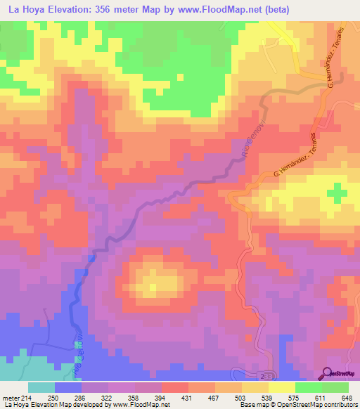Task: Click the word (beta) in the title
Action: pos(271,9)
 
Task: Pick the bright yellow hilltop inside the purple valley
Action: pos(153,284)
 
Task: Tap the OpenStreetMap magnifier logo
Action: pos(326,374)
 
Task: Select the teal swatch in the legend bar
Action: pos(41,387)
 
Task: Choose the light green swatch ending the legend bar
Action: pos(335,387)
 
